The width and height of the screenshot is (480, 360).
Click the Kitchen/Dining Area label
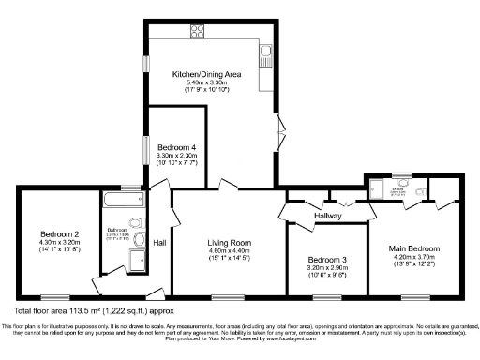pyautogui.click(x=207, y=74)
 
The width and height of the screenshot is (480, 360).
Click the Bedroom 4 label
pyautogui.click(x=176, y=148)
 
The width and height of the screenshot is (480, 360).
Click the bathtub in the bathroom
pyautogui.click(x=120, y=199)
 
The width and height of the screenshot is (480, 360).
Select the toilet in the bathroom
pyautogui.click(x=136, y=223)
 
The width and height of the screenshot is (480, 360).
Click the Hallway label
pyautogui.click(x=327, y=215)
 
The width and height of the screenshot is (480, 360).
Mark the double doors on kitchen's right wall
pyautogui.click(x=278, y=129)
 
